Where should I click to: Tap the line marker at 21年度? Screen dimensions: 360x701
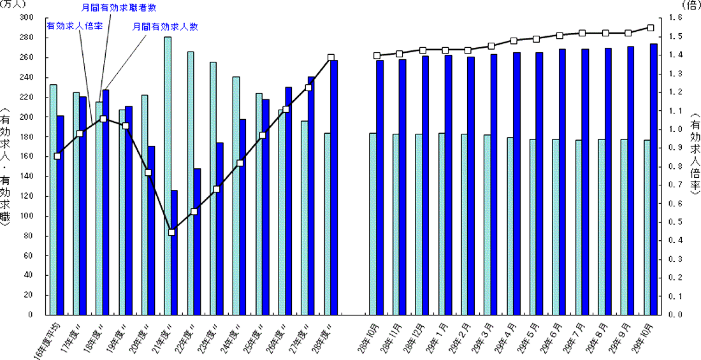click(171, 232)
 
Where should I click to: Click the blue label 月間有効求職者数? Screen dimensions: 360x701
click(120, 8)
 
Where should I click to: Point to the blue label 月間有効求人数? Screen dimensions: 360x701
click(165, 27)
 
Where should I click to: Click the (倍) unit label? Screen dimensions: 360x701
click(690, 5)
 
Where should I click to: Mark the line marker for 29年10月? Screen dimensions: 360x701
click(651, 28)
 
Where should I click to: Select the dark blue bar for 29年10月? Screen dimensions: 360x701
click(654, 178)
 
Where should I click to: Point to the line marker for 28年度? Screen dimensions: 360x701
click(331, 57)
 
